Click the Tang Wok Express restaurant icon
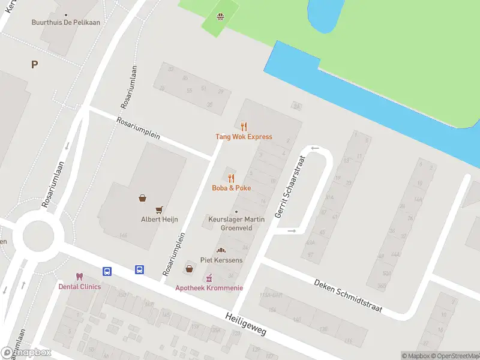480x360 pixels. click(244, 127)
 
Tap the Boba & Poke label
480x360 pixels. click(232, 188)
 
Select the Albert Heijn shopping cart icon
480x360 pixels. click(159, 209)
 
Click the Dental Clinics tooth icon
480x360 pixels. click(79, 277)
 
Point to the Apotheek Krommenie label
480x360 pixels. click(209, 288)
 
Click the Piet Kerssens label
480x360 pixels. click(221, 260)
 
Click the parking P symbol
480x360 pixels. click(34, 65)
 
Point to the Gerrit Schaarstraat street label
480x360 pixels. click(290, 187)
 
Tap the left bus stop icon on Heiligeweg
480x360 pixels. click(107, 271)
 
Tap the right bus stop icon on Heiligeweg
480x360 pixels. click(139, 270)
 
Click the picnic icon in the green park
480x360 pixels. click(220, 16)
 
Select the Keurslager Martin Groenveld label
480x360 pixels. click(236, 224)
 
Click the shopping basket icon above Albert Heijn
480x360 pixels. click(143, 198)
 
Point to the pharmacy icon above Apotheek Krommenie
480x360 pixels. click(209, 278)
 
